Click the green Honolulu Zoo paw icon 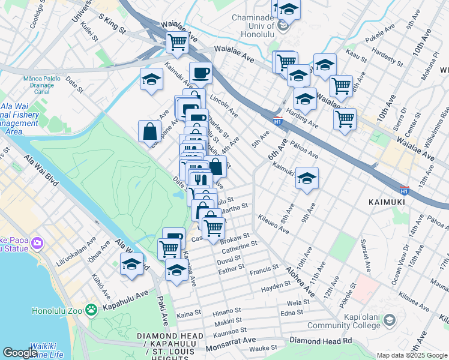pyautogui.click(x=91, y=310)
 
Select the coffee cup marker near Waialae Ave pyautogui.click(x=200, y=73)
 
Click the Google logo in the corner pyautogui.click(x=20, y=353)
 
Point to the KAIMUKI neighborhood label pyautogui.click(x=386, y=203)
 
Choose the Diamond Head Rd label pyautogui.click(x=321, y=340)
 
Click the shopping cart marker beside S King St pyautogui.click(x=178, y=43)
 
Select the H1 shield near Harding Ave pyautogui.click(x=277, y=121)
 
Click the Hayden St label pyautogui.click(x=276, y=290)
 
